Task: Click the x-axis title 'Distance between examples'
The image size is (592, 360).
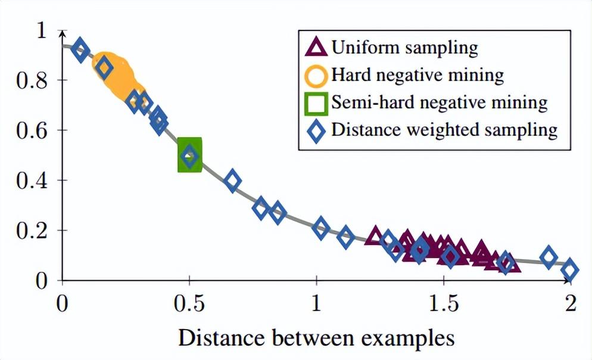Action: point(316,337)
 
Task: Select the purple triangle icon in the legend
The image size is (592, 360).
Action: point(317,47)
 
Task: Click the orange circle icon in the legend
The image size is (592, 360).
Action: point(317,75)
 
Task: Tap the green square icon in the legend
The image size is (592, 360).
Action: point(317,103)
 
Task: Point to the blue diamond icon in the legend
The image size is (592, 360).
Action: point(317,131)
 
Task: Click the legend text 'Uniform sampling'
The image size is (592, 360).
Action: point(404,47)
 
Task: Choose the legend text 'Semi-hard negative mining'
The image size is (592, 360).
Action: point(439,103)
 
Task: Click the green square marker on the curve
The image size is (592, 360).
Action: point(190,154)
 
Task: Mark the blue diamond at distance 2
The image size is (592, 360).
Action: point(570,269)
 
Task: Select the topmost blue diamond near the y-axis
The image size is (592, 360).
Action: point(80,51)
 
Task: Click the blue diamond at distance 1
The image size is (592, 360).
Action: point(321,228)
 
